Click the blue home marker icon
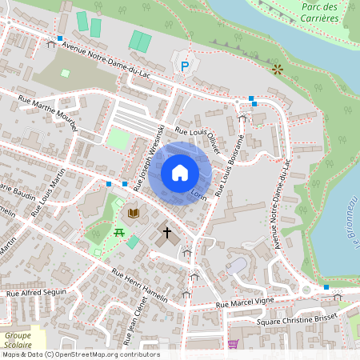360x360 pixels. tap(180, 173)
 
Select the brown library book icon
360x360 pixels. tap(134, 213)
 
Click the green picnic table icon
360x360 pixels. tap(118, 232)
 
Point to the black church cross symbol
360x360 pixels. tap(167, 234)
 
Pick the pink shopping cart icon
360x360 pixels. tap(233, 344)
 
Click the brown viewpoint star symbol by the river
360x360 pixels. tap(278, 70)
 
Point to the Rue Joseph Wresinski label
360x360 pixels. tap(150, 157)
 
